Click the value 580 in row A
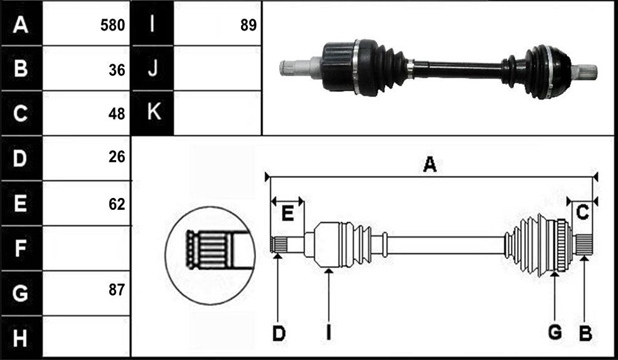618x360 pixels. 112,25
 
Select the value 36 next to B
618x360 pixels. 117,70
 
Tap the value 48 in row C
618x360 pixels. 117,114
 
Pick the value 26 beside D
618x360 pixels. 117,157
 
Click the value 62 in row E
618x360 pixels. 117,204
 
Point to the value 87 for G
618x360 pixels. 117,290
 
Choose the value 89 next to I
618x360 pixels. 248,25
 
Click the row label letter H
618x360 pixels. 20,338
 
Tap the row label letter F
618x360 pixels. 20,248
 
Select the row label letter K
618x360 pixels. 154,112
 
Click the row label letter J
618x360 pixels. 153,67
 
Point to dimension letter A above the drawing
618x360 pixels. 429,165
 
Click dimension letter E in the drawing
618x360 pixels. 288,214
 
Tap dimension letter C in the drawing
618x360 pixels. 582,212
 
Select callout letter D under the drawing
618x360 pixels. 279,334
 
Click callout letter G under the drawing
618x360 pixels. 555,333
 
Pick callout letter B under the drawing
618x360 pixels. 585,334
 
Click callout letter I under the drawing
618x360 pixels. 329,334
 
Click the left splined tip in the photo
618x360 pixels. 286,68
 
